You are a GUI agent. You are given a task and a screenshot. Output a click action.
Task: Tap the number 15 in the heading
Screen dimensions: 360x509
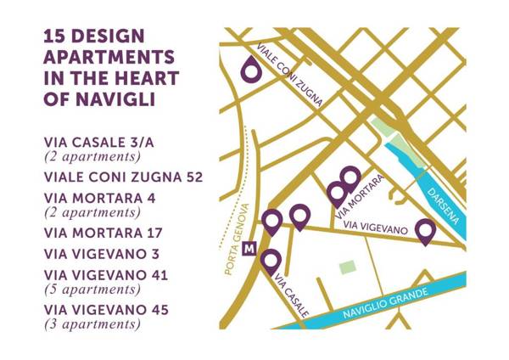click(57, 37)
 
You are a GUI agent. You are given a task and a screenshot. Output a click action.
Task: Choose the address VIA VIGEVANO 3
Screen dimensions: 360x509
click(103, 254)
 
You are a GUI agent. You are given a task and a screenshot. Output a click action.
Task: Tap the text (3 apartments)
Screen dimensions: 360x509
click(92, 323)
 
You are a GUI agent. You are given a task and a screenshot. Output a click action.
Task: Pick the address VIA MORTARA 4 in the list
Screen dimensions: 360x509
click(99, 198)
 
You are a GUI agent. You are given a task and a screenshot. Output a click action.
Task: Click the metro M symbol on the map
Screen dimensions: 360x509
click(249, 250)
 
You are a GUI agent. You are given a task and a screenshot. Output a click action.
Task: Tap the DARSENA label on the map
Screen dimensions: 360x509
click(441, 203)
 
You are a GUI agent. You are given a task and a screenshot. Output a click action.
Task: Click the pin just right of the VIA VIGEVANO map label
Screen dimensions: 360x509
click(426, 229)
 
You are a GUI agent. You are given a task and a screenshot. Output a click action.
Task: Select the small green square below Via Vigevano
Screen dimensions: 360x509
click(347, 267)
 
